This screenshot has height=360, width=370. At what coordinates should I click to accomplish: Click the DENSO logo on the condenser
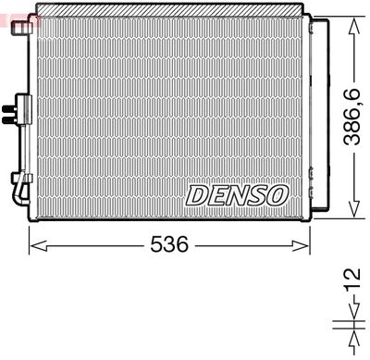pyautogui.click(x=238, y=194)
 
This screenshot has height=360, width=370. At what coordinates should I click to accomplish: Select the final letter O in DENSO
pyautogui.click(x=278, y=194)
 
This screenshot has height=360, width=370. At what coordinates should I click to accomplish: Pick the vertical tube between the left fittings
pyautogui.click(x=20, y=139)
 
